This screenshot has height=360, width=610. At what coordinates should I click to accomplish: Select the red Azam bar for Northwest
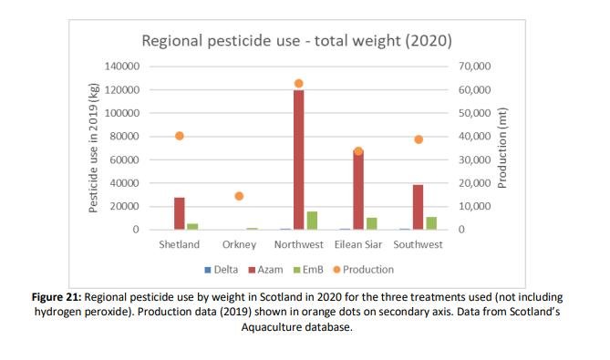[298, 159]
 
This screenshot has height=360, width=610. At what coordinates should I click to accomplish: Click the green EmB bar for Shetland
[192, 226]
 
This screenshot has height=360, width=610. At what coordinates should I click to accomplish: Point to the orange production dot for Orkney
[239, 196]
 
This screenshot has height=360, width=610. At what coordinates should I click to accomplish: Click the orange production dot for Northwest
[298, 83]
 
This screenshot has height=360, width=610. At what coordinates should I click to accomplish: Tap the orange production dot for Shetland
[180, 136]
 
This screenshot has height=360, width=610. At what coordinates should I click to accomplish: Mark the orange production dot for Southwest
[418, 139]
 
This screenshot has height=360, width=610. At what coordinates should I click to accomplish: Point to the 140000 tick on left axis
[120, 67]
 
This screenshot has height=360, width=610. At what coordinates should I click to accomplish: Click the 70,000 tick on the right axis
[475, 67]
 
